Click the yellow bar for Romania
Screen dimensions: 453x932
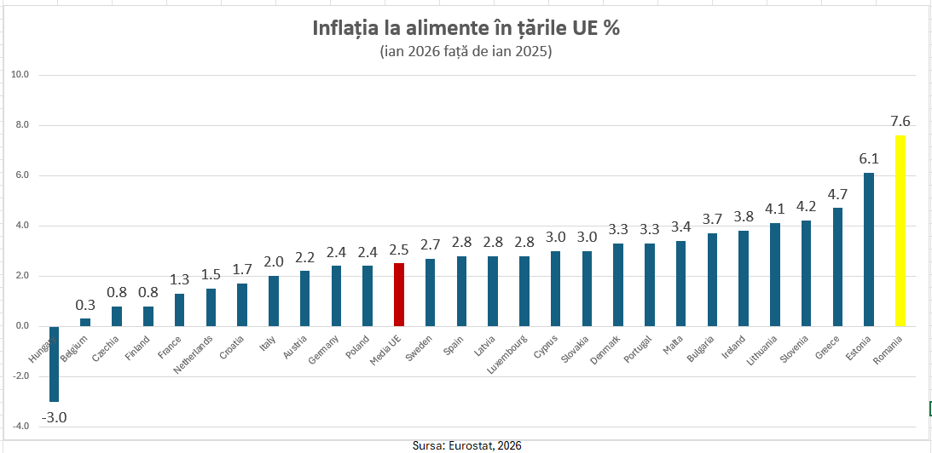pos(900,231)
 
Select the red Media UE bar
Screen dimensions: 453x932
pos(398,295)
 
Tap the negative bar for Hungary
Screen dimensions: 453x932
pos(54,364)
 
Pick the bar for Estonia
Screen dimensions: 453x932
pos(868,249)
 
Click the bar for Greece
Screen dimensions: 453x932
pos(837,267)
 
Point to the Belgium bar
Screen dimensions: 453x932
pos(85,322)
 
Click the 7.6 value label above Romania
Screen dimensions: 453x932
pos(900,121)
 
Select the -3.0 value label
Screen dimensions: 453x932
pos(55,417)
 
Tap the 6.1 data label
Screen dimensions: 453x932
pos(869,158)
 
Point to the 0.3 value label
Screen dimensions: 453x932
pos(85,304)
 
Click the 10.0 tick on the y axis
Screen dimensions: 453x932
pos(20,75)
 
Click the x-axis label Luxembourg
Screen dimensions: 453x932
pos(508,355)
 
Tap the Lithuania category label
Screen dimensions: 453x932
pos(761,350)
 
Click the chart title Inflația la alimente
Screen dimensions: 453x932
pos(466,28)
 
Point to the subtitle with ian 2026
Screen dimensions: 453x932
pos(466,52)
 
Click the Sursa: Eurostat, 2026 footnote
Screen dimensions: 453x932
pos(466,445)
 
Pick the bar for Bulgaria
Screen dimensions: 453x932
pos(712,279)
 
